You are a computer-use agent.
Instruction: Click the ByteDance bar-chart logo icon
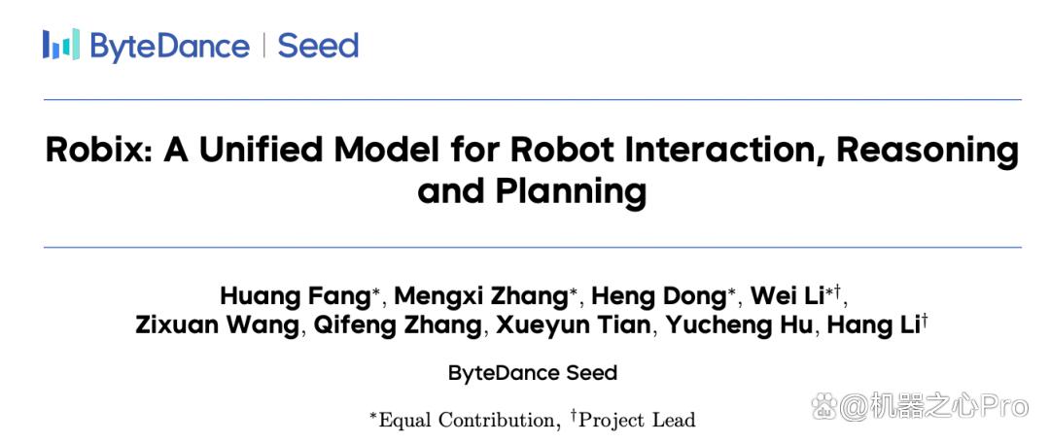click(x=61, y=44)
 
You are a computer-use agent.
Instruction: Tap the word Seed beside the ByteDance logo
click(x=318, y=46)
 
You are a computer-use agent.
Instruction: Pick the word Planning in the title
click(x=571, y=193)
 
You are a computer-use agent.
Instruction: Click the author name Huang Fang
click(x=296, y=295)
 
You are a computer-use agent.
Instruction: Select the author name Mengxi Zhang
click(x=480, y=295)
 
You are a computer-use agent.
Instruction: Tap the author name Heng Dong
click(x=659, y=295)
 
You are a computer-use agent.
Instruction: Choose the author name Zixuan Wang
click(x=218, y=325)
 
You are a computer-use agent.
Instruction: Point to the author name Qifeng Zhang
click(x=397, y=325)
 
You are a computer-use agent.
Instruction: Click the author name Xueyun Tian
click(x=573, y=325)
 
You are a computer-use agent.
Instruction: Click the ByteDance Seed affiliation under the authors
click(x=533, y=373)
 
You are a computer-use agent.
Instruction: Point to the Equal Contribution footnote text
click(x=467, y=421)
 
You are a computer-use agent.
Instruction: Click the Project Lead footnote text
click(x=637, y=421)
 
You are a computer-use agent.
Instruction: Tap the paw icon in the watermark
click(x=823, y=406)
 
